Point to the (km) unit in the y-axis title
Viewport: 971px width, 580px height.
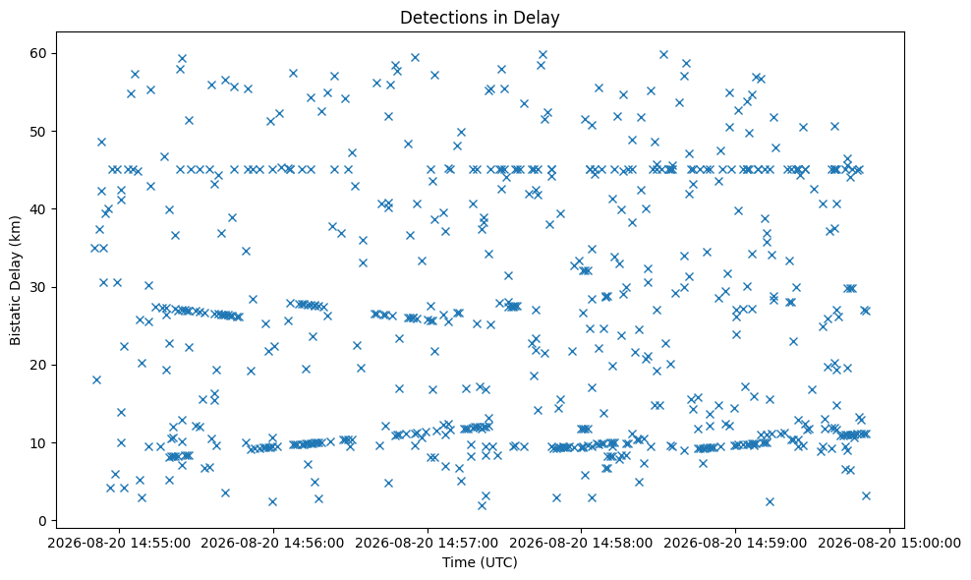(x=16, y=230)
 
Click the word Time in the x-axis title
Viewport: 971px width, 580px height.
(x=455, y=562)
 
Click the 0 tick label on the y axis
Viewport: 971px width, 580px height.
(x=42, y=521)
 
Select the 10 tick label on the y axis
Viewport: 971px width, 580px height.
(x=39, y=443)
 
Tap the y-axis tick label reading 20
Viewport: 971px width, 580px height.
(x=39, y=365)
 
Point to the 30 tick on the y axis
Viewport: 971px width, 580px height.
(x=39, y=287)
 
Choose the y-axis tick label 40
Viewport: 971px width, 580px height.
(x=39, y=209)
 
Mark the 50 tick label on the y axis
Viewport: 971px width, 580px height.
(x=39, y=132)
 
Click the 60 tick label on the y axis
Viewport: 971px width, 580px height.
(x=39, y=53)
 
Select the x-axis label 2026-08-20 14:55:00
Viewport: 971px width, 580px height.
(x=119, y=544)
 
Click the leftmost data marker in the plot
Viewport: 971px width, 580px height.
(x=94, y=248)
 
